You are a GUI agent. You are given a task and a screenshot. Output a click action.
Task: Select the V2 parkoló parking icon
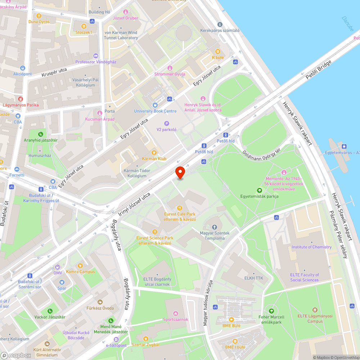(166, 123)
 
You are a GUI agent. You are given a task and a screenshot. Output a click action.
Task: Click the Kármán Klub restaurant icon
(154, 152)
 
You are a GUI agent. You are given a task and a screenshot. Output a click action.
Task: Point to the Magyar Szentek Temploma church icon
(215, 227)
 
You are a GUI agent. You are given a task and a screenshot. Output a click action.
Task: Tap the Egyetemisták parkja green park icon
(259, 190)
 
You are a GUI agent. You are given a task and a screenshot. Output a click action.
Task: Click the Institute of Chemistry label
(311, 247)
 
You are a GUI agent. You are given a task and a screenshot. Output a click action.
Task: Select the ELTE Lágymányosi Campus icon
(315, 310)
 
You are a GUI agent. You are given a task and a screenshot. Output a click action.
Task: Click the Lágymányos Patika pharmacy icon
(20, 99)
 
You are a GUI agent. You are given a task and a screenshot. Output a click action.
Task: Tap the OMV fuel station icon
(58, 267)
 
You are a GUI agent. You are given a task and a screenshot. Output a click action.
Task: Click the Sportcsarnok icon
(176, 313)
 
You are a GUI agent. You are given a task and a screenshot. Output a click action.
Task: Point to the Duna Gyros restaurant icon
(39, 16)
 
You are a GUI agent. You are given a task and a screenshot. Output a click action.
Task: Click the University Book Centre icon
(155, 105)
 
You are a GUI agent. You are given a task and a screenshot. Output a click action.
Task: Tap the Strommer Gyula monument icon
(170, 68)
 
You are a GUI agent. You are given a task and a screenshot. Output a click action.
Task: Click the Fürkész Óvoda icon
(100, 302)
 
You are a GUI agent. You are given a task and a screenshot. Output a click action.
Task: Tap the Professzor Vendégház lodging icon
(95, 56)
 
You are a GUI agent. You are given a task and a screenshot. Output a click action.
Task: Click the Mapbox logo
(16, 355)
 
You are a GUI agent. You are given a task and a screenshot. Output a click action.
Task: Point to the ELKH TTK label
(253, 278)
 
